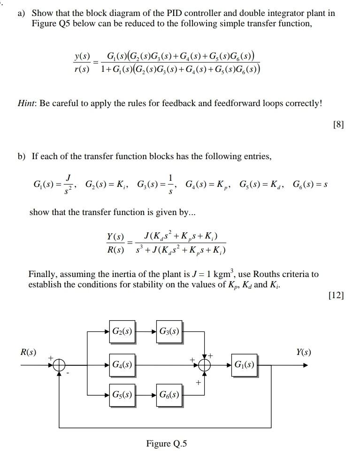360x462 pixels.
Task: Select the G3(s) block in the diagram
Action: click(169, 331)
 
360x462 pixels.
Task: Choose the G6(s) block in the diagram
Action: click(169, 394)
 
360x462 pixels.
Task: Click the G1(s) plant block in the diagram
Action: click(244, 364)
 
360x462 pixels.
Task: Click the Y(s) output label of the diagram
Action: click(303, 352)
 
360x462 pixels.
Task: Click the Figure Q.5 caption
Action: click(166, 443)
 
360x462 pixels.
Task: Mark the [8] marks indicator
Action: click(337, 124)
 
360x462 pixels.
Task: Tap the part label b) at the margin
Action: click(22, 156)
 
